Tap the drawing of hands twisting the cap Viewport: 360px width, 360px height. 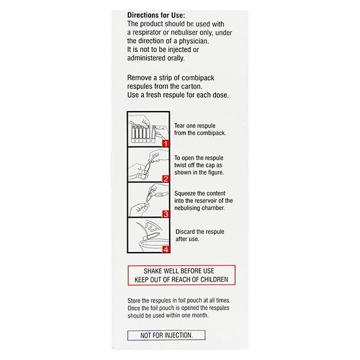[145, 164]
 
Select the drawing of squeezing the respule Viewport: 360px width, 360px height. [145, 199]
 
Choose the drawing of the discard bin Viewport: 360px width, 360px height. [146, 235]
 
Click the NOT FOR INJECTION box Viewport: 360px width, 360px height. [166, 335]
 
